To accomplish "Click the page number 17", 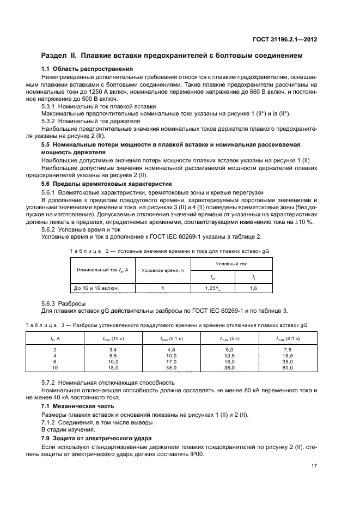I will (314, 465).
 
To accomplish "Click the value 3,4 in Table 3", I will (114, 348).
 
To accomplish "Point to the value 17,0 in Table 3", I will (172, 361).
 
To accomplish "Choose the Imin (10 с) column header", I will (114, 338).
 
